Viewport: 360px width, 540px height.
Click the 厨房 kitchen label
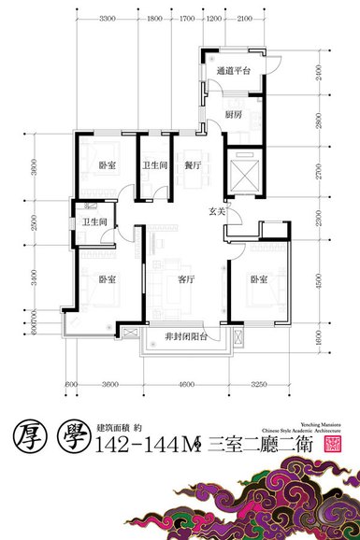235,115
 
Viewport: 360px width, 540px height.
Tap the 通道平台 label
233,71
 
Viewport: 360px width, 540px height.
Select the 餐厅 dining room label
194,165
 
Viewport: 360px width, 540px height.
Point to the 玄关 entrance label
216,211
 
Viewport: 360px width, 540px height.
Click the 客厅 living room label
186,278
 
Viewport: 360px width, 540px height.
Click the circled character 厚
32,437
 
